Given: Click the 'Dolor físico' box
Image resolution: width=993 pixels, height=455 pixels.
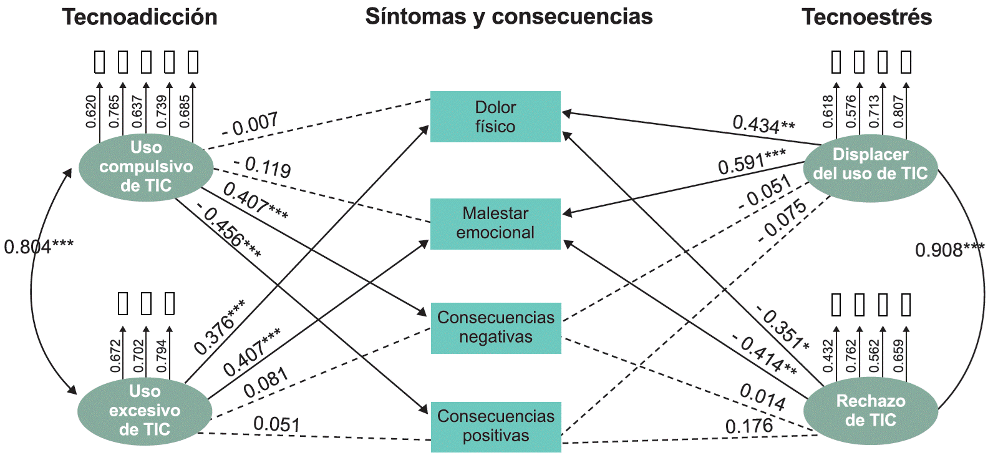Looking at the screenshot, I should (x=495, y=117).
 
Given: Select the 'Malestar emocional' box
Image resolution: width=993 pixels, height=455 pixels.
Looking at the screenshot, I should (x=495, y=223).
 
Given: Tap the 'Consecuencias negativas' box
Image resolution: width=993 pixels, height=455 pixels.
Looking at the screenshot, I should (x=495, y=328).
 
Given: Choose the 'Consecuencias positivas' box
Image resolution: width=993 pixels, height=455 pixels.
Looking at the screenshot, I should (x=495, y=426).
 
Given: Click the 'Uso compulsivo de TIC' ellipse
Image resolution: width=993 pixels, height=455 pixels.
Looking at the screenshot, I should (x=145, y=167).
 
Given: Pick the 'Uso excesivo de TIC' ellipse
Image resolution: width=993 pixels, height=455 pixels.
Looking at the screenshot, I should (x=144, y=411).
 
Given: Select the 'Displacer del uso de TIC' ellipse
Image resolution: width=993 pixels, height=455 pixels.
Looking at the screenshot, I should (x=870, y=164).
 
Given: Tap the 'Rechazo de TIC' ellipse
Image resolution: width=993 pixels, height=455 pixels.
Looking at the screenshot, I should (x=870, y=411).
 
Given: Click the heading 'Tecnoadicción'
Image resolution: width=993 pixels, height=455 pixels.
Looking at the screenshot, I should (x=140, y=17).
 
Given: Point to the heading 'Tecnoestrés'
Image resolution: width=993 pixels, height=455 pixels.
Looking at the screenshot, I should (x=866, y=17).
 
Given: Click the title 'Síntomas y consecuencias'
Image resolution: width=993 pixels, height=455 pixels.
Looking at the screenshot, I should (x=508, y=16).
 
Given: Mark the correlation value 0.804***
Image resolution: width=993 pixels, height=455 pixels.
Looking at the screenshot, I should (x=39, y=247).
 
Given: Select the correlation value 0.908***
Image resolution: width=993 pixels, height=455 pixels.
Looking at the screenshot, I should (x=949, y=250).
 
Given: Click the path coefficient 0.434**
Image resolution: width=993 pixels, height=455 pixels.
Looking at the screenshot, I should (x=763, y=124).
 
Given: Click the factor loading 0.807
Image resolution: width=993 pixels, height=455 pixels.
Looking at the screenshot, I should (x=898, y=111).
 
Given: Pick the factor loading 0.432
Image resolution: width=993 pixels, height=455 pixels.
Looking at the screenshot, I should (x=828, y=356).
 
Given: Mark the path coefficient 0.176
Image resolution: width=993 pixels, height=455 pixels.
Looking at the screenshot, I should (x=748, y=427).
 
